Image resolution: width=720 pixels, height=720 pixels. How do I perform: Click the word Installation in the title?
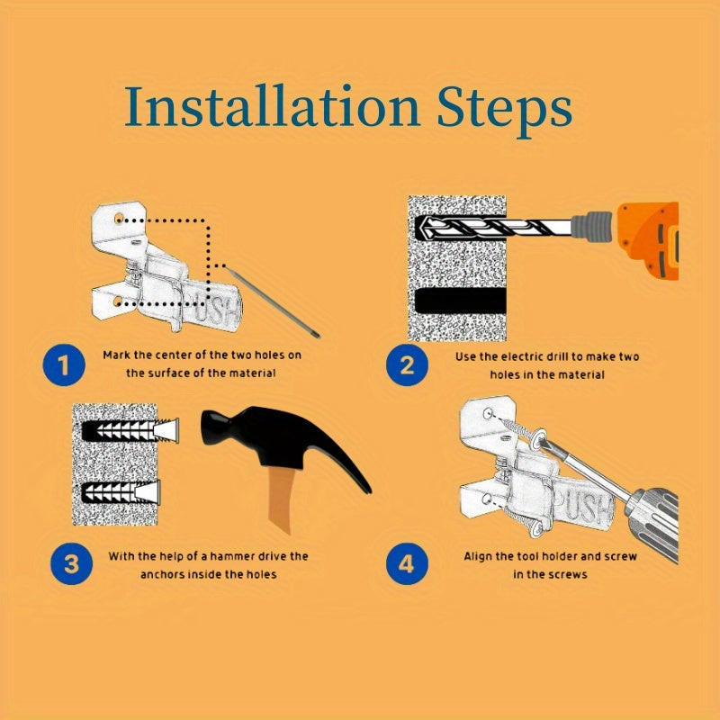tap(273, 105)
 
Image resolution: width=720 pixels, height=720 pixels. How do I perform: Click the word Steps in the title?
tap(504, 111)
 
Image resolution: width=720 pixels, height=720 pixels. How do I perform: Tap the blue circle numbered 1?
tap(64, 365)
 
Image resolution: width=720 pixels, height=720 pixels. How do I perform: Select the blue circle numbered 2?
tap(407, 365)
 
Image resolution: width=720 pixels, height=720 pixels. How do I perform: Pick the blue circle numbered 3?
tap(72, 564)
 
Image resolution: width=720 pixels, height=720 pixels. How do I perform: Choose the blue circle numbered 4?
tap(407, 564)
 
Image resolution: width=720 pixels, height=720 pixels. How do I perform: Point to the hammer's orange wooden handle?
tap(280, 500)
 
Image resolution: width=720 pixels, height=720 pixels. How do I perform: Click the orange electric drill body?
tap(648, 240)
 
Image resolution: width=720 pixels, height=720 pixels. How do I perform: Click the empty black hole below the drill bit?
tap(460, 301)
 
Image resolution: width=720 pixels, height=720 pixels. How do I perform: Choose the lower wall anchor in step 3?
tap(121, 491)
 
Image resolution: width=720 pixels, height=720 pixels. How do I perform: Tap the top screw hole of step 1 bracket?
tap(119, 218)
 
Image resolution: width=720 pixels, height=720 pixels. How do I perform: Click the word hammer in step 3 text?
tap(233, 556)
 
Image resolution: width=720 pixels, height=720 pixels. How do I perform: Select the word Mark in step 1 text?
tap(117, 355)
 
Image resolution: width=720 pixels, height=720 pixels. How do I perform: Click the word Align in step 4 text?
tap(479, 557)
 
